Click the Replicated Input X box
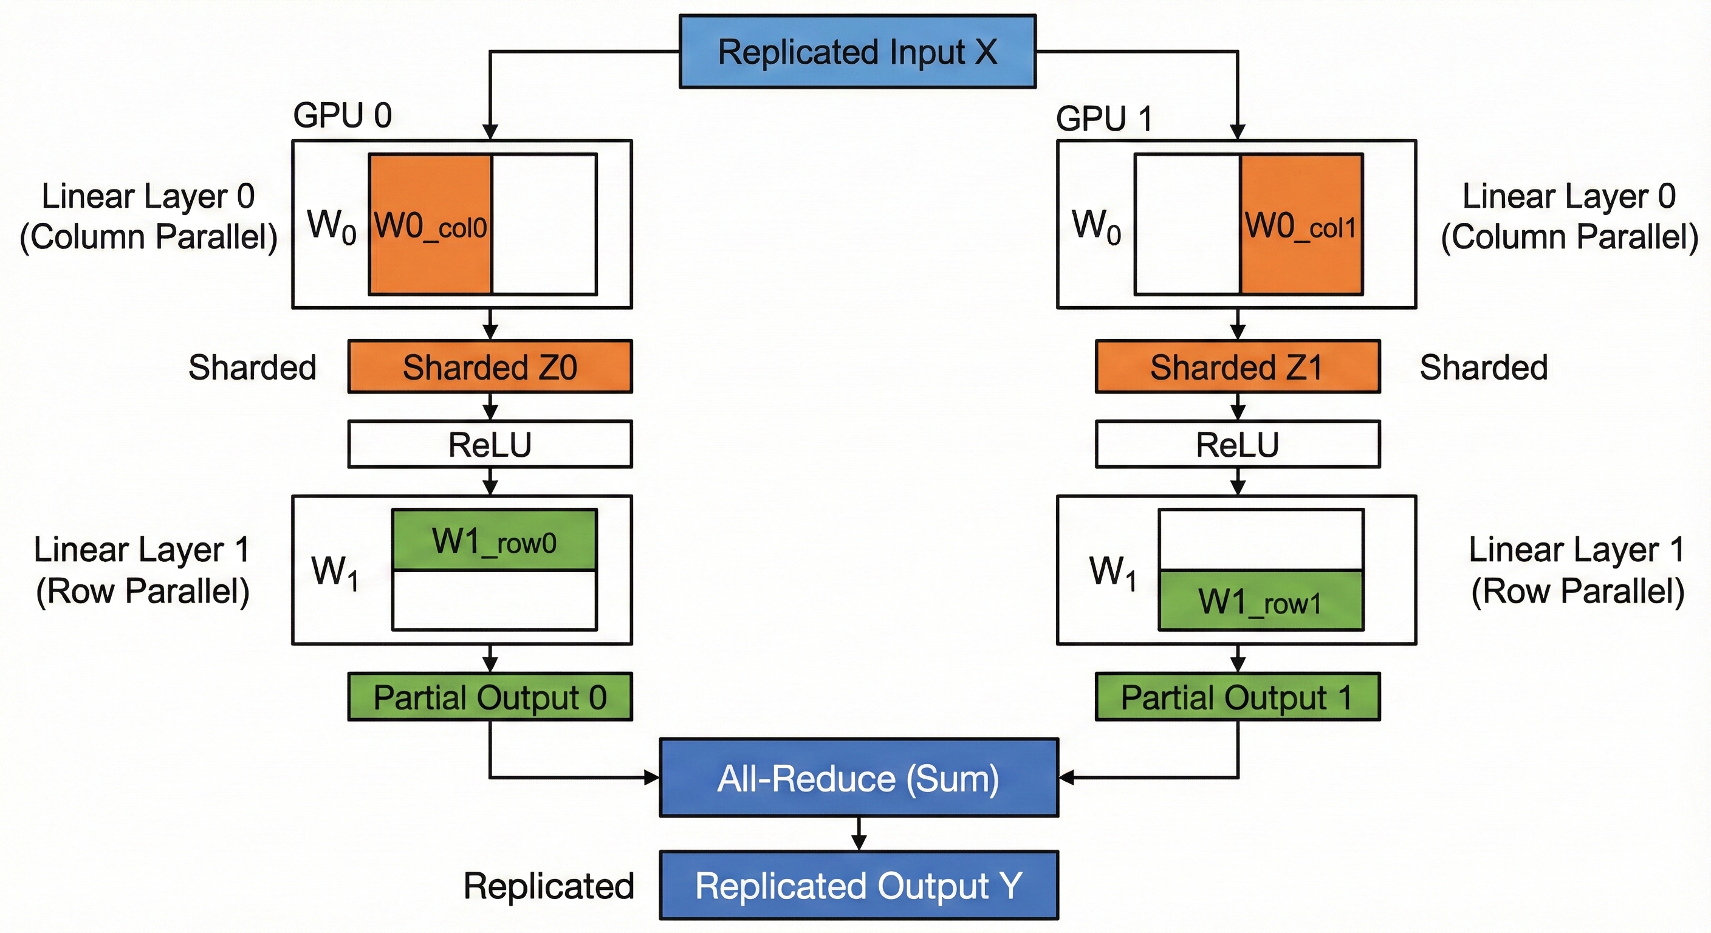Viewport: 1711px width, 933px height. point(857,52)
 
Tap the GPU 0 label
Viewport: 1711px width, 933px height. point(342,115)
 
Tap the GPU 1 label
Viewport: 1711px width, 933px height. point(1103,119)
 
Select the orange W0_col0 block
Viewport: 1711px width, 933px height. point(430,225)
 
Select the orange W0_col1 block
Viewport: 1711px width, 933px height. point(1300,225)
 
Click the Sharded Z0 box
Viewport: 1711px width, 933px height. point(490,366)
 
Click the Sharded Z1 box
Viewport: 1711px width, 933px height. point(1236,366)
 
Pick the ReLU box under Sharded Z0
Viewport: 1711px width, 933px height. point(490,444)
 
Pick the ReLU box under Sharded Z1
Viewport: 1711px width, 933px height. point(1236,444)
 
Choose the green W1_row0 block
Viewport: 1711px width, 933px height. point(494,540)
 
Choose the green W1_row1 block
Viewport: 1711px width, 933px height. point(1260,600)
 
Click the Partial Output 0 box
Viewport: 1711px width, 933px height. point(490,697)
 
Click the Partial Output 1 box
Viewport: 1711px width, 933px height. point(1236,697)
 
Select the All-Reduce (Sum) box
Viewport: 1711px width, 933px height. point(858,777)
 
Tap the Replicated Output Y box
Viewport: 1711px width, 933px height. point(858,885)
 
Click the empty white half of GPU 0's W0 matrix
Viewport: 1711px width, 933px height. point(544,225)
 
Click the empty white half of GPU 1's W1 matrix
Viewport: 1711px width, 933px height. point(1260,539)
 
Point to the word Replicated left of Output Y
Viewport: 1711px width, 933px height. point(549,886)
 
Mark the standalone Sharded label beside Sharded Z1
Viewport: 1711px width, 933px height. point(1483,367)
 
